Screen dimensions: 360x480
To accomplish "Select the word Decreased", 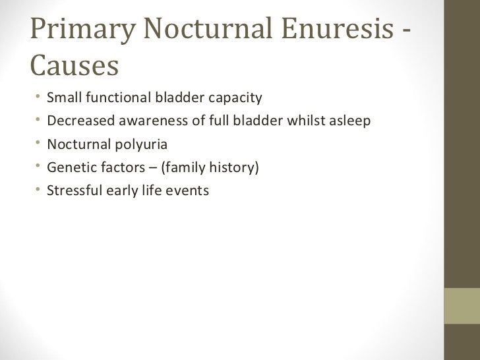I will pos(75,122).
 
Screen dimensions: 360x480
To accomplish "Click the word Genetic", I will pos(69,168).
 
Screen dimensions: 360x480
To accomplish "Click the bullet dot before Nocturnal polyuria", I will pos(40,145).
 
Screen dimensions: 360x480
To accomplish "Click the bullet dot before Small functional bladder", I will pos(40,99).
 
